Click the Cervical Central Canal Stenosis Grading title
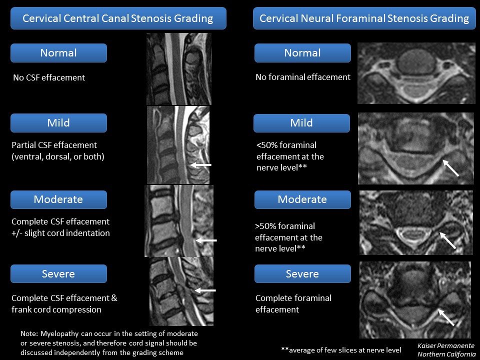point(118,18)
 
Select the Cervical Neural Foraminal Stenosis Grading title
point(364,18)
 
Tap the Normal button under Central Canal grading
point(58,53)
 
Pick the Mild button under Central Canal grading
point(58,123)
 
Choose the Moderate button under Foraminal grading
point(302,199)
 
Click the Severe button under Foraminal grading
point(302,273)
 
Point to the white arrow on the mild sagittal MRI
point(200,165)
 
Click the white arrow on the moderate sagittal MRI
point(206,240)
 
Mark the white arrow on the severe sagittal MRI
point(205,290)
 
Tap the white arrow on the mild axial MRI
point(450,168)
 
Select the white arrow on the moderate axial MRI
point(447,240)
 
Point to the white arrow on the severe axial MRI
point(446,317)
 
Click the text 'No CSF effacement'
point(49,78)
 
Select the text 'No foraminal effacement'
point(303,77)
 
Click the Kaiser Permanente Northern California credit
point(446,350)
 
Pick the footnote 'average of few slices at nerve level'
point(341,350)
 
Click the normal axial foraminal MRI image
point(416,73)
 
